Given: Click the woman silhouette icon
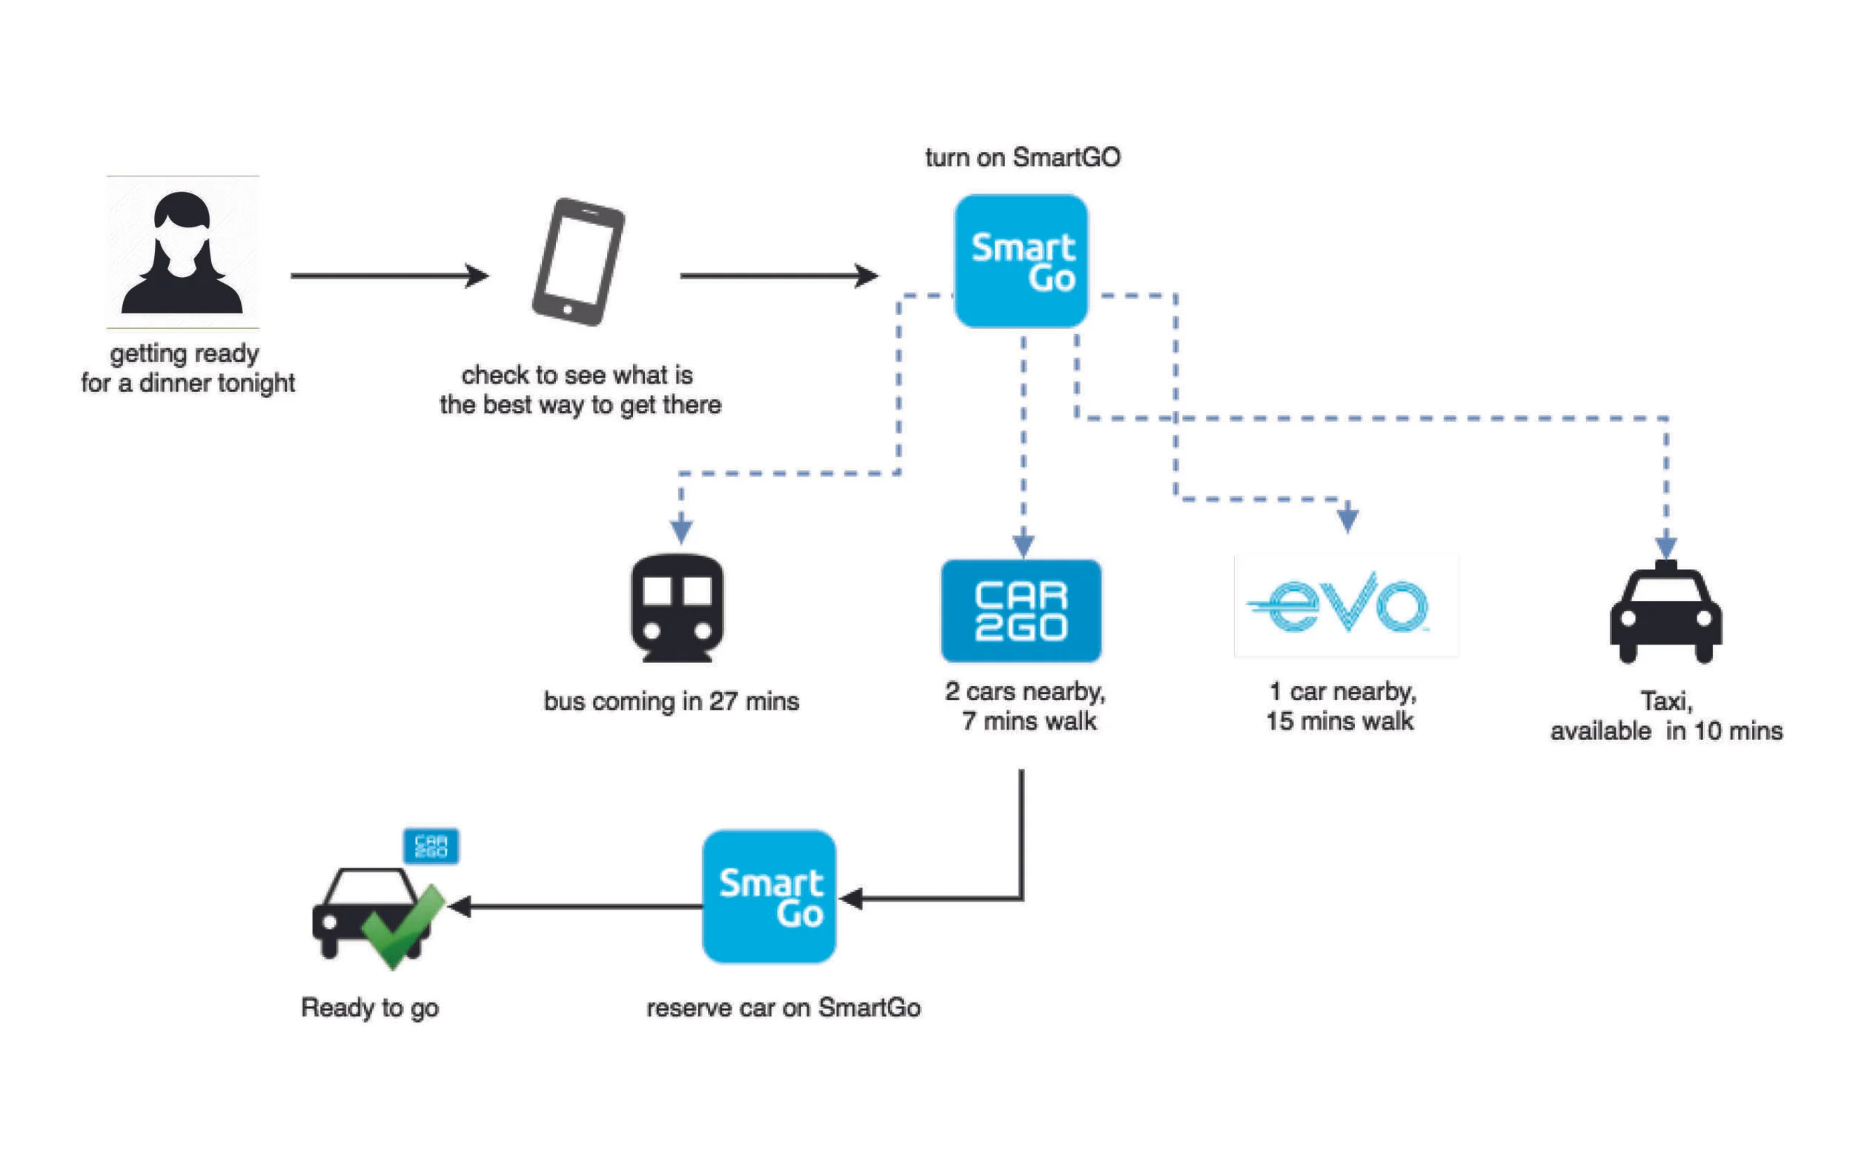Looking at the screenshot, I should (182, 253).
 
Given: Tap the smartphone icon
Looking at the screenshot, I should (578, 262).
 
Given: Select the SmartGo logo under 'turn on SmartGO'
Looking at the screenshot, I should (1021, 262).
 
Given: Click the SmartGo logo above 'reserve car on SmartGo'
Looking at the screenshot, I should (769, 896).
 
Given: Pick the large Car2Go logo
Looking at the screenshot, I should (1021, 610).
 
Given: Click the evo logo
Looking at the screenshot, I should (1345, 605).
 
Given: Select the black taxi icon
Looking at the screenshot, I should (1666, 613).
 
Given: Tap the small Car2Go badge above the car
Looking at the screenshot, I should (431, 845).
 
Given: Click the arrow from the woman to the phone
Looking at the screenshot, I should (389, 275).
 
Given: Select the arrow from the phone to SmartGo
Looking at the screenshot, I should (778, 275).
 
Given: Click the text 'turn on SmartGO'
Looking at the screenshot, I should (1023, 158).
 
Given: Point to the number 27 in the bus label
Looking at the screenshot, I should (723, 701).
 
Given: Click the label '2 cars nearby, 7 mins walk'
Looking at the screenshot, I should (1026, 705).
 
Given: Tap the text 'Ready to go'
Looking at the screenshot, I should (370, 1007).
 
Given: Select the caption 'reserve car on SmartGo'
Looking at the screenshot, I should (783, 1007).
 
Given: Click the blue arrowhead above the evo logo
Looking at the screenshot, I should (1348, 519).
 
